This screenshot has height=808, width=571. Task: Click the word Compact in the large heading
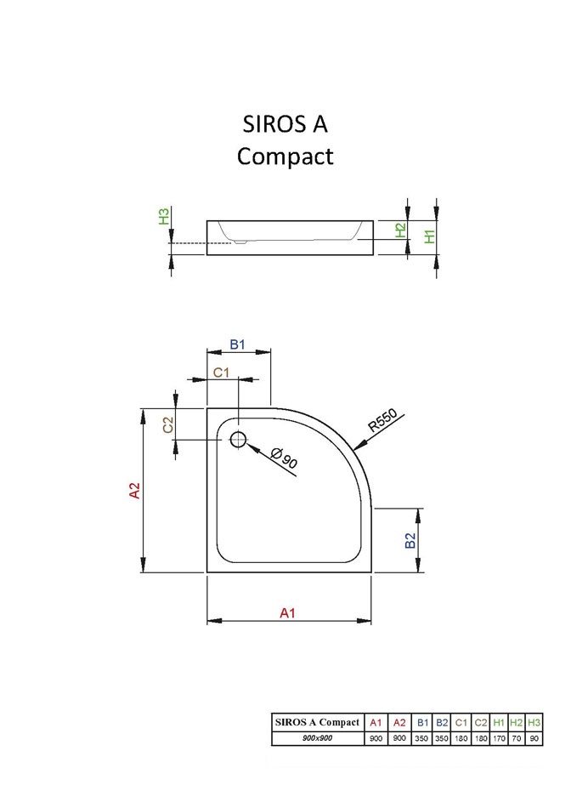285,156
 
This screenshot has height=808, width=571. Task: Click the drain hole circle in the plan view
238,439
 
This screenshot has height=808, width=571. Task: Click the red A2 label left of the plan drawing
133,490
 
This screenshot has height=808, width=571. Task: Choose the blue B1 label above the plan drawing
238,344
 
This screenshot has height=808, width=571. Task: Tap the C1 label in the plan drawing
222,373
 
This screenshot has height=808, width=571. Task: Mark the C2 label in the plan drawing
168,423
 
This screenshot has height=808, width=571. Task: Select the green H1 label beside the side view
430,236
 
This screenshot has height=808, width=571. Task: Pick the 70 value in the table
517,738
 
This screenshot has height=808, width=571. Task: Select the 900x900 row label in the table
317,738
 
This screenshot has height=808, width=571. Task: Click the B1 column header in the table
422,722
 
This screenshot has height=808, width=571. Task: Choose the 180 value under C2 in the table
480,738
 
